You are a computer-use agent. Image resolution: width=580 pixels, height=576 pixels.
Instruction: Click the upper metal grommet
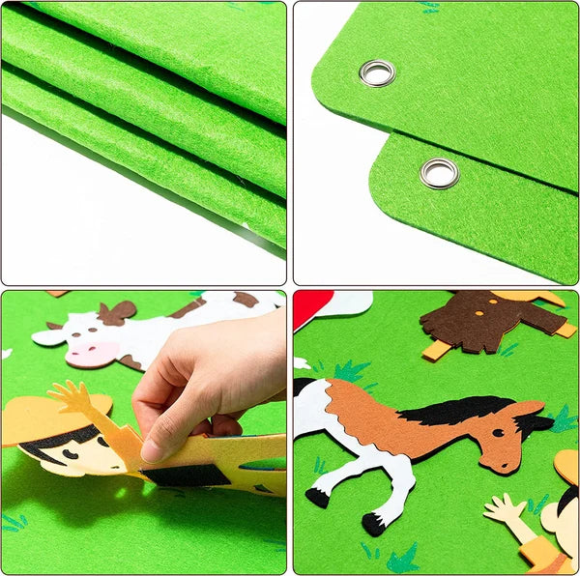pyautogui.click(x=377, y=72)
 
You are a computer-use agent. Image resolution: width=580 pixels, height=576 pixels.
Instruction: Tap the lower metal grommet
pyautogui.click(x=439, y=174)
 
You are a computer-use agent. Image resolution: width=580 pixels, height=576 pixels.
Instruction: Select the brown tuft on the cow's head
pyautogui.click(x=117, y=312)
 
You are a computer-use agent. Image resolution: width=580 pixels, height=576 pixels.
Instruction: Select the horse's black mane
pyautogui.click(x=454, y=411)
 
